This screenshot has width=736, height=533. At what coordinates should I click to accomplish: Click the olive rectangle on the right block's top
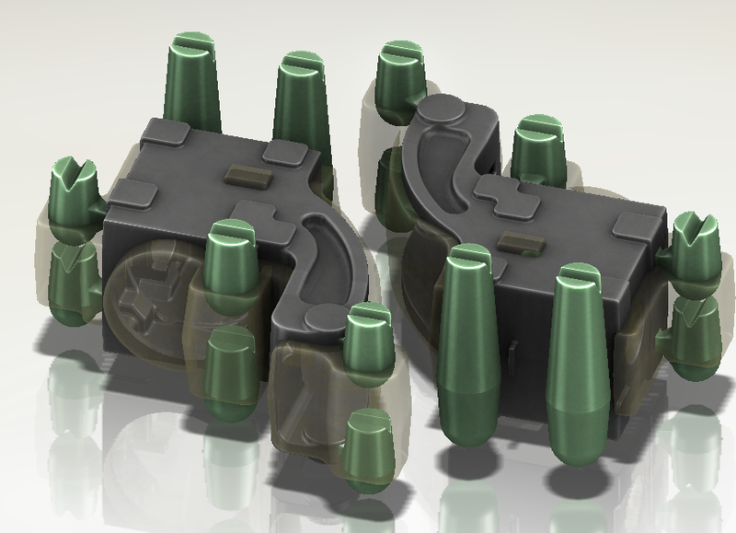518,241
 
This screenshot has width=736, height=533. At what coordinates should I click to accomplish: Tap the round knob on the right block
441,111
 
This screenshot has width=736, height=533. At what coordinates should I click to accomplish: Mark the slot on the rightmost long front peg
578,272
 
